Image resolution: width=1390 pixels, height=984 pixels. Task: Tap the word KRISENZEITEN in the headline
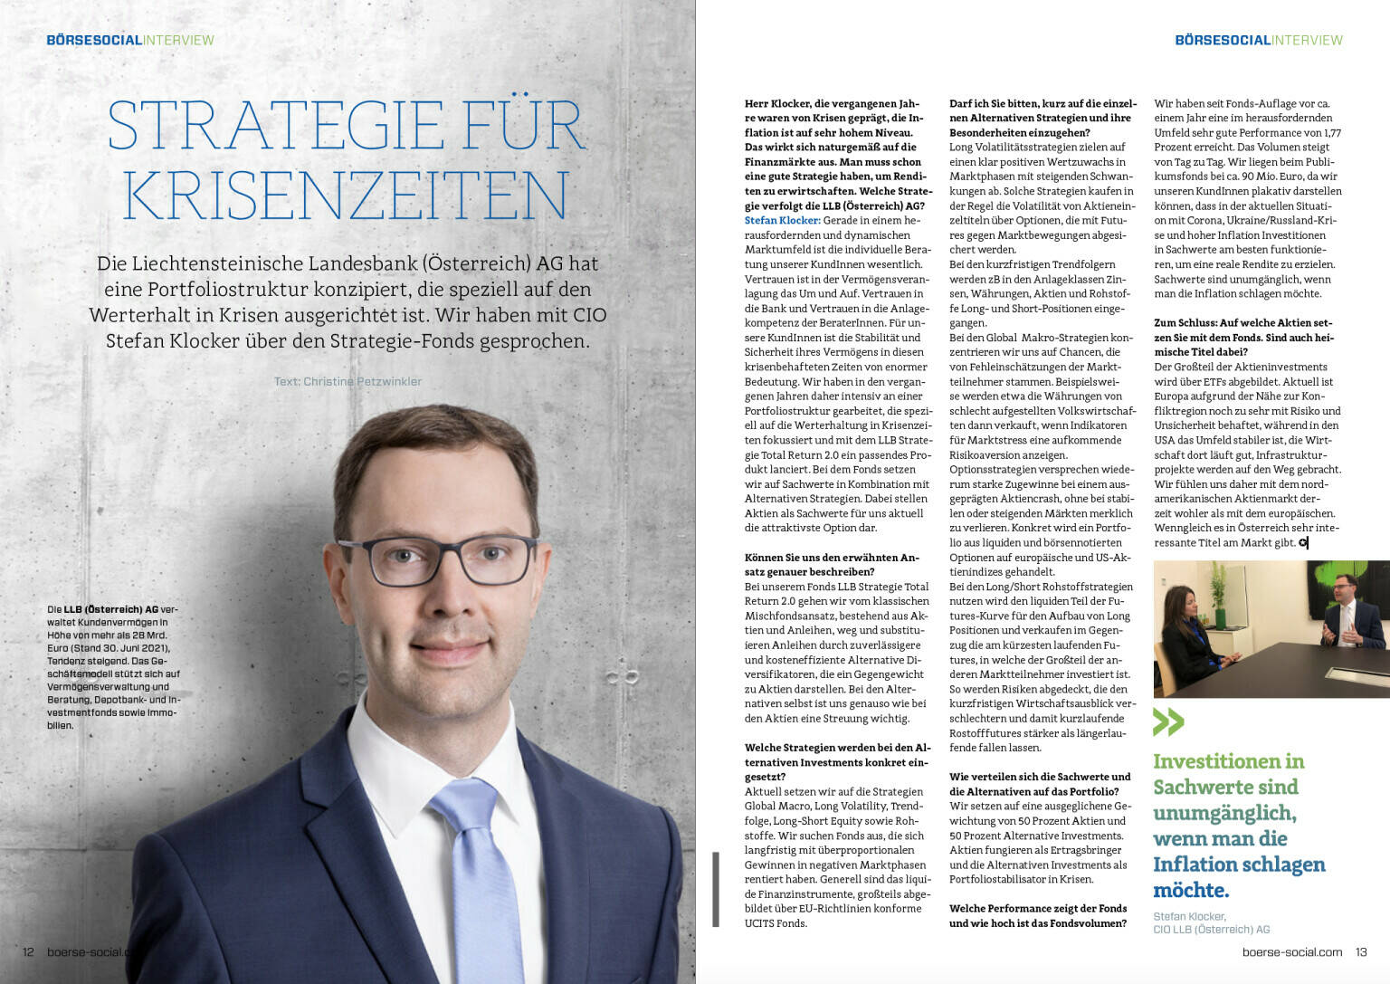pos(347,194)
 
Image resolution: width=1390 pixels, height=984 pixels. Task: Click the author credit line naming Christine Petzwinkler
pos(347,381)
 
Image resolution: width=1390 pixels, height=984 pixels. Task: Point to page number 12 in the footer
pos(28,951)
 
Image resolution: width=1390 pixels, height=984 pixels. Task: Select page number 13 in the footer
pos(1361,951)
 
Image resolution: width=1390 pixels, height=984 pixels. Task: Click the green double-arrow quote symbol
pos(1168,721)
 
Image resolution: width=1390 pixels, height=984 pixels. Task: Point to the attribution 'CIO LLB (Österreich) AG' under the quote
pos(1211,929)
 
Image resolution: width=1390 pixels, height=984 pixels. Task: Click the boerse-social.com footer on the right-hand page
pos(1291,951)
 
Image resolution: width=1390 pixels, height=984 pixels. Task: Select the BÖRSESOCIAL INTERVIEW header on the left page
pos(130,40)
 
